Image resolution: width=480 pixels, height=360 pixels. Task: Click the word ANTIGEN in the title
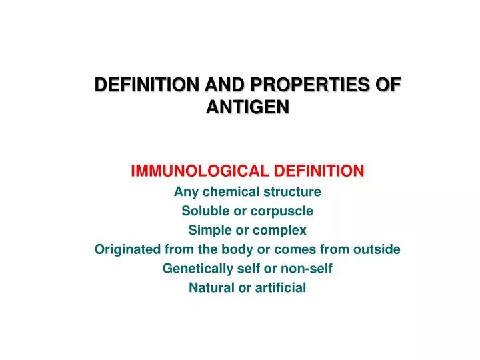point(248,107)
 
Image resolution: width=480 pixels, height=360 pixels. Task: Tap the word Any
point(185,192)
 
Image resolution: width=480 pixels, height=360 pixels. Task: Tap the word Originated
point(127,250)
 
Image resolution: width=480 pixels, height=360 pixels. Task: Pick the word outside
point(377,250)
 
